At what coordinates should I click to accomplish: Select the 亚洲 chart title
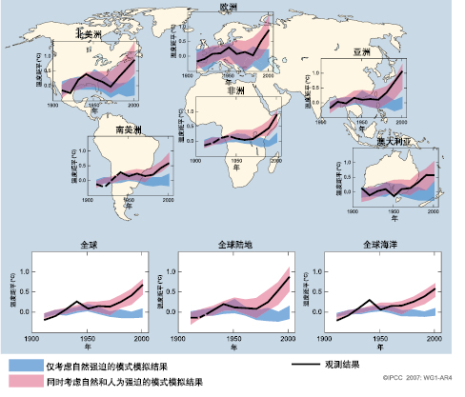(x=362, y=52)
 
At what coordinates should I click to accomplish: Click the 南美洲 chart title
(x=128, y=129)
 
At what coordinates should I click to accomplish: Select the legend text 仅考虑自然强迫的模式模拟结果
(x=122, y=366)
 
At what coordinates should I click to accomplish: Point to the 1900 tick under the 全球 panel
(x=33, y=338)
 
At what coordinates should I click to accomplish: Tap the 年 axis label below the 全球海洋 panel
(x=381, y=348)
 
